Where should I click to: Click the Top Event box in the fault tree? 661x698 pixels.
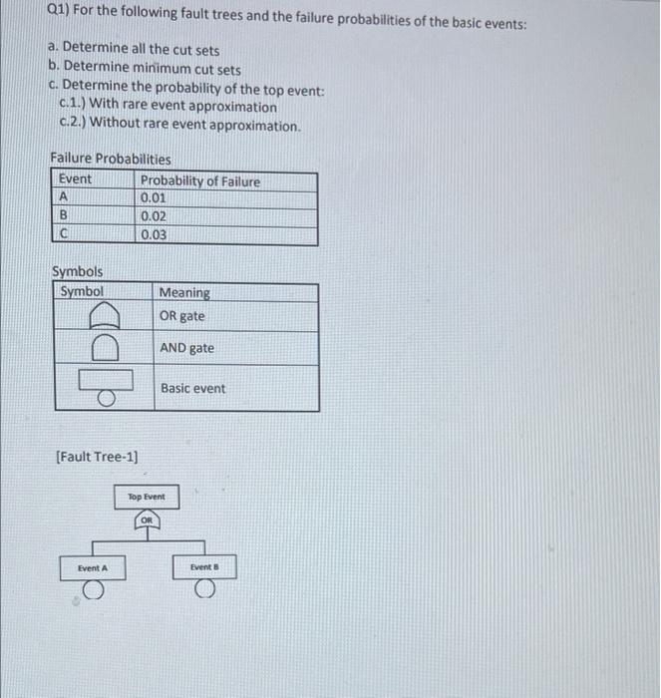click(x=147, y=496)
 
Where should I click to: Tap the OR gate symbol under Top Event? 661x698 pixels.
click(x=147, y=520)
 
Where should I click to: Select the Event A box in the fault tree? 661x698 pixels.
click(x=92, y=567)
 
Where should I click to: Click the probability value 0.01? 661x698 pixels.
click(x=154, y=197)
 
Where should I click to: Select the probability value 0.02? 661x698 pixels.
click(x=154, y=215)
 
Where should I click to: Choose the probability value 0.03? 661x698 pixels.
click(x=154, y=234)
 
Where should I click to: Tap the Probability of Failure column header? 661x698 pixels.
click(x=199, y=180)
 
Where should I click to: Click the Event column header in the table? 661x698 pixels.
click(x=75, y=179)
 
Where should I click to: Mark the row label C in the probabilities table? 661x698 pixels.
click(x=64, y=234)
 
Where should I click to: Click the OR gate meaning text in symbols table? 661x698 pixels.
click(x=181, y=315)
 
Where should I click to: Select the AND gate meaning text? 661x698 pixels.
click(x=186, y=348)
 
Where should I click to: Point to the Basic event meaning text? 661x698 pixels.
click(x=192, y=388)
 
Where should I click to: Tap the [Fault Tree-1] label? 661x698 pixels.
click(x=97, y=457)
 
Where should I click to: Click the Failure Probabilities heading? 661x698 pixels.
click(x=110, y=159)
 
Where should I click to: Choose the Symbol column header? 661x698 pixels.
click(x=82, y=291)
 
